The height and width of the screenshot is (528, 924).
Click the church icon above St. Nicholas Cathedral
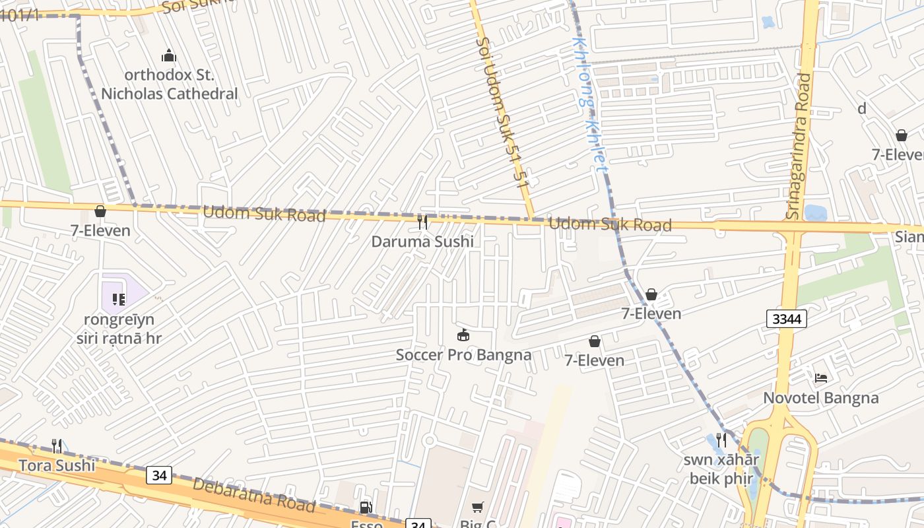click(169, 55)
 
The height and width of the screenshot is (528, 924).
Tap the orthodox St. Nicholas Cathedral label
click(169, 84)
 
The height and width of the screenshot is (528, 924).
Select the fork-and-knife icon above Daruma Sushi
click(422, 222)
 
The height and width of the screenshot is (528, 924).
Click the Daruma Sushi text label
click(422, 242)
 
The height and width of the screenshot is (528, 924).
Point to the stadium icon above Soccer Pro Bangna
click(463, 335)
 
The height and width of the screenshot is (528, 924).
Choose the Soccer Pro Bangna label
click(463, 355)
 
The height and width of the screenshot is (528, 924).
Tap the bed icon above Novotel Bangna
click(821, 378)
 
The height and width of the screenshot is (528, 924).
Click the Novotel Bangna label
click(821, 398)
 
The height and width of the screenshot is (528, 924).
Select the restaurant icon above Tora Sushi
click(57, 446)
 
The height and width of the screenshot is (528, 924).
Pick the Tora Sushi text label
click(57, 465)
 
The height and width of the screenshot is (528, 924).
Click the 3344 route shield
click(787, 319)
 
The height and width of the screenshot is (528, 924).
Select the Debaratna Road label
click(253, 495)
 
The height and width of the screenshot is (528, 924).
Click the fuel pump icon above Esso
click(365, 508)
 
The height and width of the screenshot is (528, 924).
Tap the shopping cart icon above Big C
click(478, 508)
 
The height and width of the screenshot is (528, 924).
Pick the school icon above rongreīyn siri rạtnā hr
click(119, 300)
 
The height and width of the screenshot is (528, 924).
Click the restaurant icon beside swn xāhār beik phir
click(721, 440)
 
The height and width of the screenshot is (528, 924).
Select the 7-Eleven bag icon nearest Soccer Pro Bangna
click(595, 341)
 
